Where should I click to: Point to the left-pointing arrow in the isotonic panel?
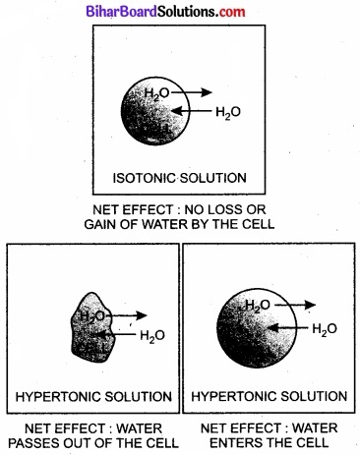point(195,110)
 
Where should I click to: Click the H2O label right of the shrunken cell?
point(152,336)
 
